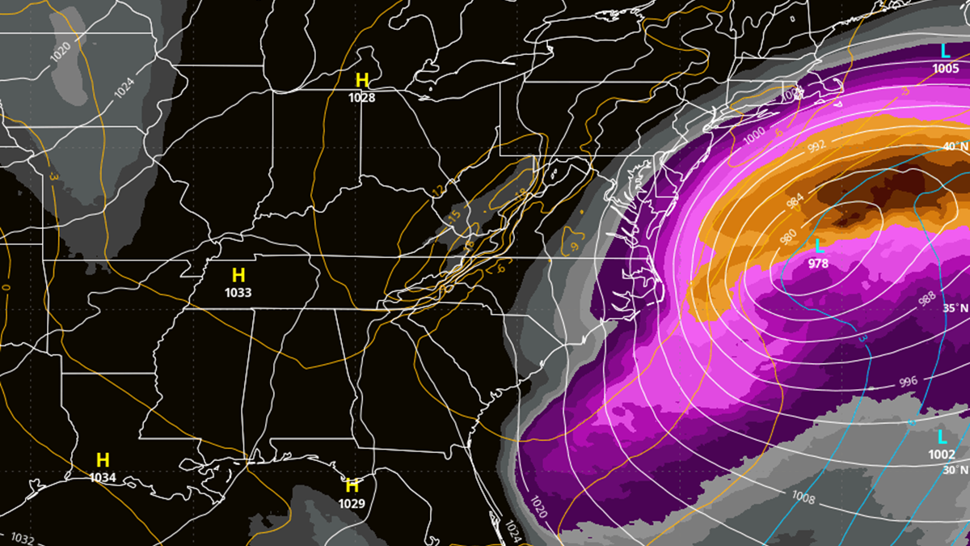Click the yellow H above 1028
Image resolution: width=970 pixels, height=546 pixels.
pos(362,80)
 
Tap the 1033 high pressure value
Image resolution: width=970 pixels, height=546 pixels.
pos(238,292)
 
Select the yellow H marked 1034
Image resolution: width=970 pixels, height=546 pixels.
pos(103,460)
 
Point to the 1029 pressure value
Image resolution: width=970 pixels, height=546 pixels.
pos(352,503)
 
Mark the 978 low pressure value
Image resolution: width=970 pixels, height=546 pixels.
pos(819,263)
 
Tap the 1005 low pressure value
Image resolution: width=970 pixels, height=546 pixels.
pos(945,69)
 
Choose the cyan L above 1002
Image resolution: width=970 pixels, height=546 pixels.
pos(942,438)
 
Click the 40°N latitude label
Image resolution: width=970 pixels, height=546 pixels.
pos(955,146)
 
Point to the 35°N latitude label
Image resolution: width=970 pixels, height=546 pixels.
pos(955,309)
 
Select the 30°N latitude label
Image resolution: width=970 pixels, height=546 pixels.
pos(955,470)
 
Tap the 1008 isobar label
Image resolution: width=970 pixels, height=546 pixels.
pos(803,497)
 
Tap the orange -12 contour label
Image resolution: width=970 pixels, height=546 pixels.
pos(437,190)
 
